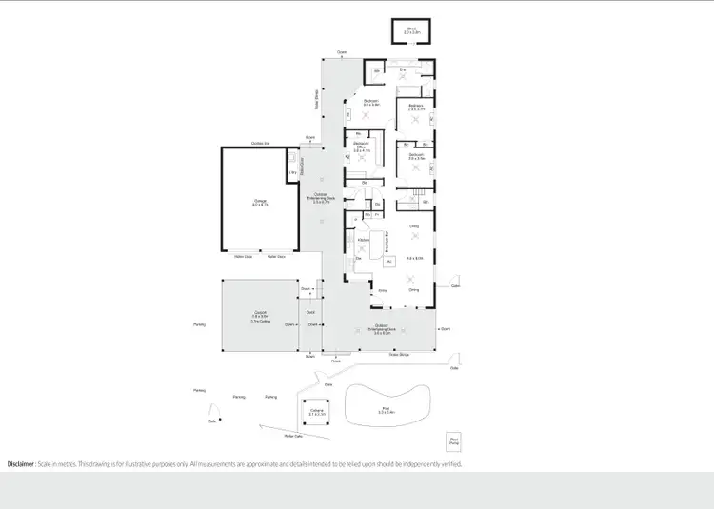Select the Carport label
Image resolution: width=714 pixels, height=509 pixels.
tap(260, 313)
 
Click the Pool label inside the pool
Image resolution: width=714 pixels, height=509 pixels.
tap(386, 409)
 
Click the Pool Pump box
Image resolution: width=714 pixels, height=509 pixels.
tap(453, 441)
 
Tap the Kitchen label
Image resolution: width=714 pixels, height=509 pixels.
tap(363, 239)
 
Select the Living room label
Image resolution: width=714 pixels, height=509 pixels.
tap(414, 226)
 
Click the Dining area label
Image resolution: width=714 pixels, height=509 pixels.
tap(414, 290)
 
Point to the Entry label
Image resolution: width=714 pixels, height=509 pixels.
tap(383, 290)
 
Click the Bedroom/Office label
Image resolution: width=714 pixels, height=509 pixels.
tap(362, 146)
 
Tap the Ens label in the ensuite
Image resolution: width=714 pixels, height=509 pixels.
tap(403, 70)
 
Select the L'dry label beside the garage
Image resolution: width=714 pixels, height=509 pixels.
tap(292, 172)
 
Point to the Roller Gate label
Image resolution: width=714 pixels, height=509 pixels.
tap(293, 436)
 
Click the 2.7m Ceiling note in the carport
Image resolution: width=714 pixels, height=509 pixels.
tap(260, 322)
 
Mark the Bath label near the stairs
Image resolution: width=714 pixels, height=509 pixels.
tap(425, 204)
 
